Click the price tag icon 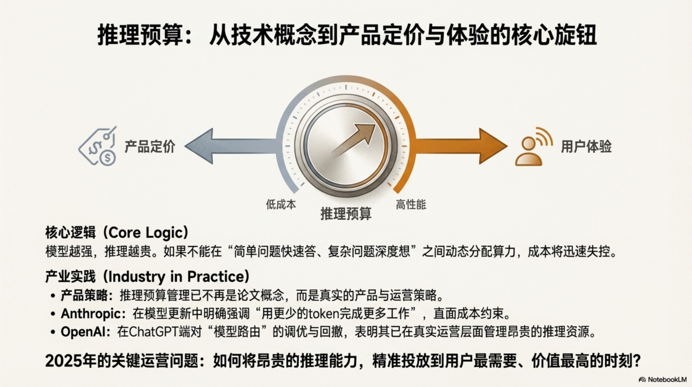pos(98,147)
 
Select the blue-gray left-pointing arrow pos(230,146)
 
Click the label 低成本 pos(281,204)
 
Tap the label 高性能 pos(411,204)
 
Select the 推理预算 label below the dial pos(346,214)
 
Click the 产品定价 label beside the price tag pos(150,147)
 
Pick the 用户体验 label pos(586,147)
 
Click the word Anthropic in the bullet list pos(91,314)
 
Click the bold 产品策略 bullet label pos(84,295)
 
